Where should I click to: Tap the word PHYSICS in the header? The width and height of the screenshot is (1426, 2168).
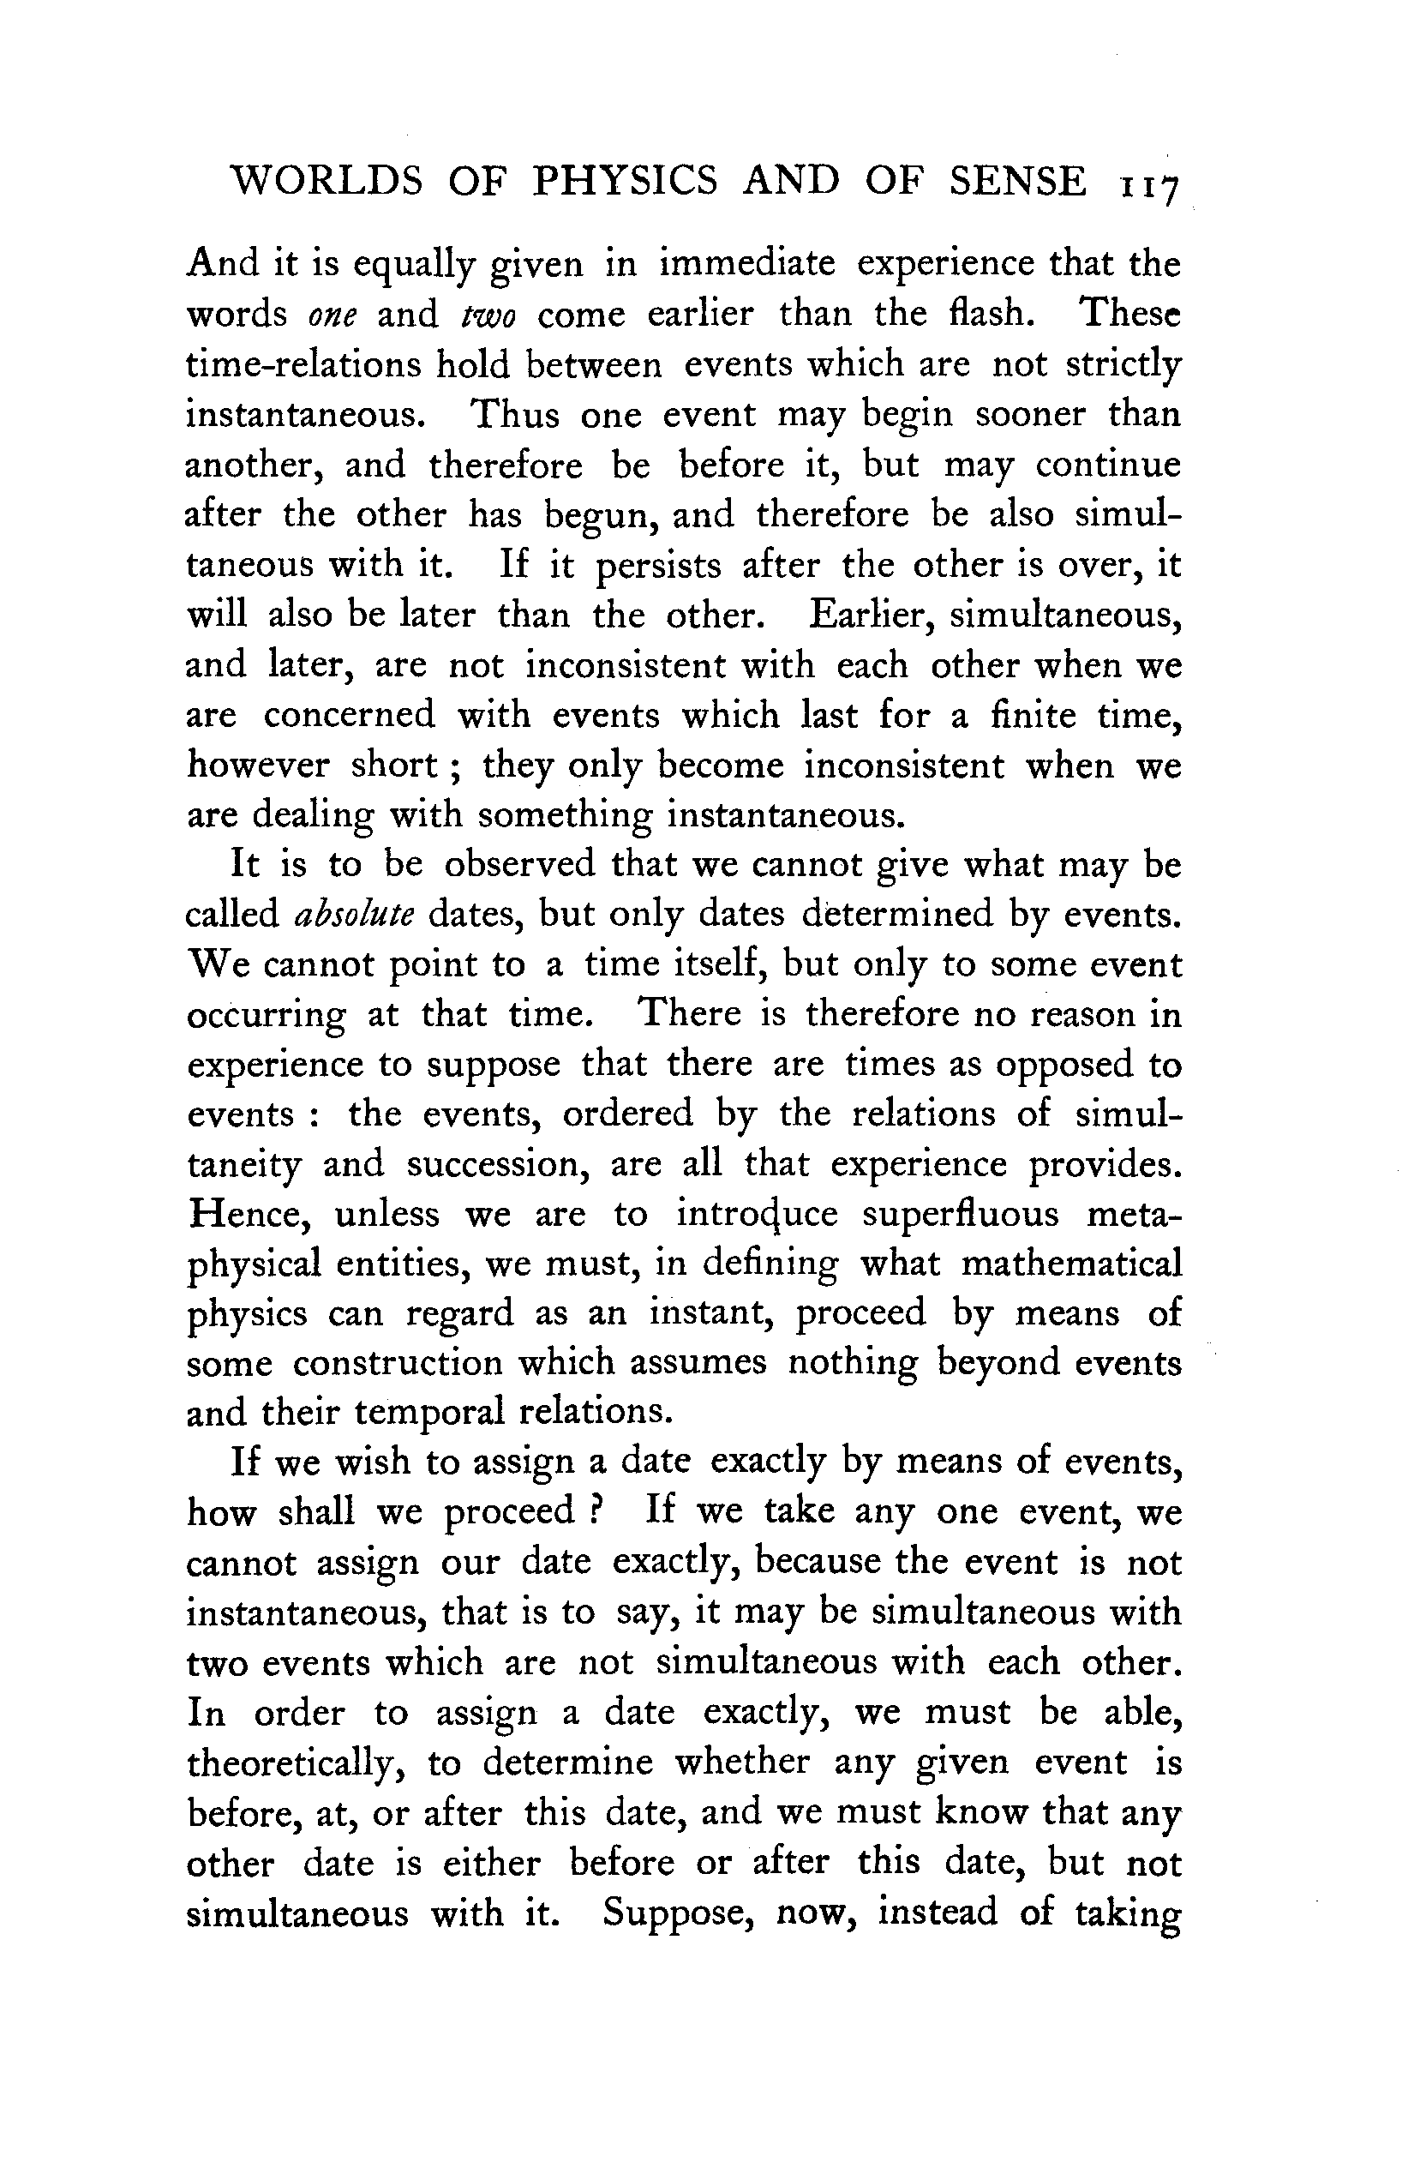coord(625,180)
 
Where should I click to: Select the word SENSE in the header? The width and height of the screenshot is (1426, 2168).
coord(1017,180)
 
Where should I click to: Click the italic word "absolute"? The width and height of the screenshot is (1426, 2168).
coord(354,914)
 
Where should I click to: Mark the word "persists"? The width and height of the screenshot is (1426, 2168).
coord(658,567)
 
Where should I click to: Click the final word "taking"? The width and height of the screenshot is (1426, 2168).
coord(1127,1913)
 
